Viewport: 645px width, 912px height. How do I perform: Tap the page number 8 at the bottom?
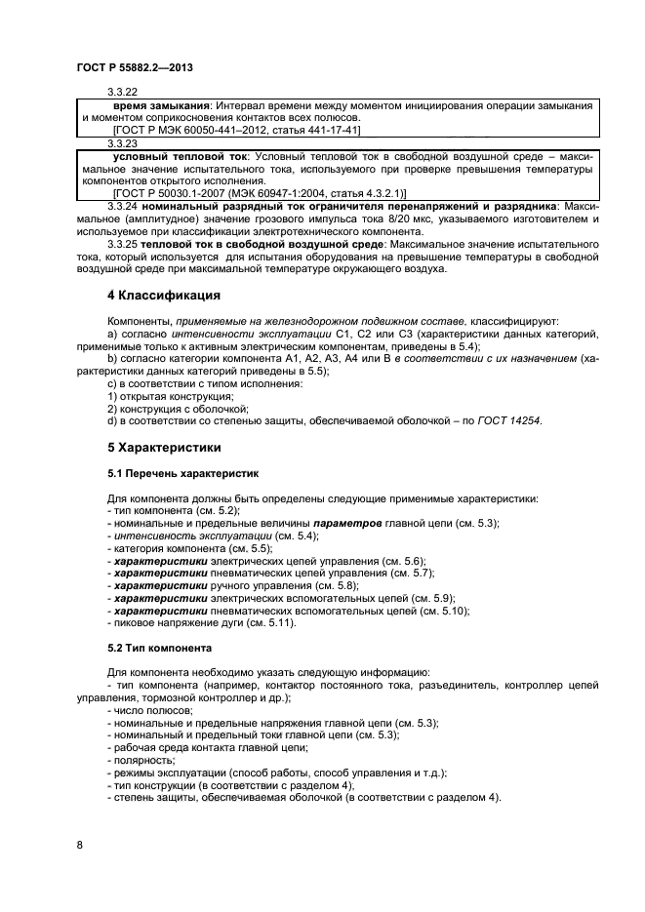80,845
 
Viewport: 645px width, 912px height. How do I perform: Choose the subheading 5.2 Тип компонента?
165,648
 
